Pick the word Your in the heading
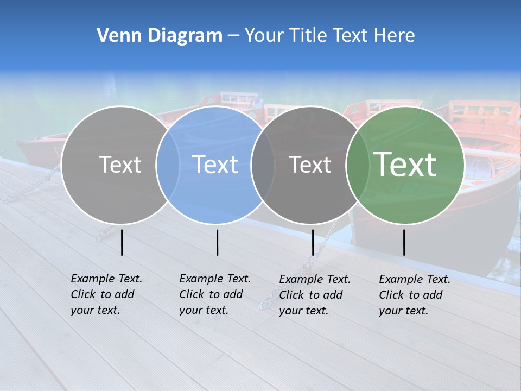click(x=264, y=36)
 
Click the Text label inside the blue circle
click(x=215, y=165)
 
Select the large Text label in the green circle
click(x=405, y=165)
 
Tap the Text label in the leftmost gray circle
click(x=120, y=165)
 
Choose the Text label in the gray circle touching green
click(x=310, y=165)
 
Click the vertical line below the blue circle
click(x=217, y=242)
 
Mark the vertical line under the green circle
click(x=404, y=242)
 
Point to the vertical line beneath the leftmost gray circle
click(x=122, y=242)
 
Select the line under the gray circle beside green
click(x=313, y=242)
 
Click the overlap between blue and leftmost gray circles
click(x=168, y=165)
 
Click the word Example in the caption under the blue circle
click(x=198, y=279)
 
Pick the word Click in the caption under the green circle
click(x=392, y=295)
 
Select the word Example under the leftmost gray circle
click(x=90, y=279)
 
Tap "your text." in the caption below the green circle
click(x=403, y=311)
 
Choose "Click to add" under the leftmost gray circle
click(x=102, y=294)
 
